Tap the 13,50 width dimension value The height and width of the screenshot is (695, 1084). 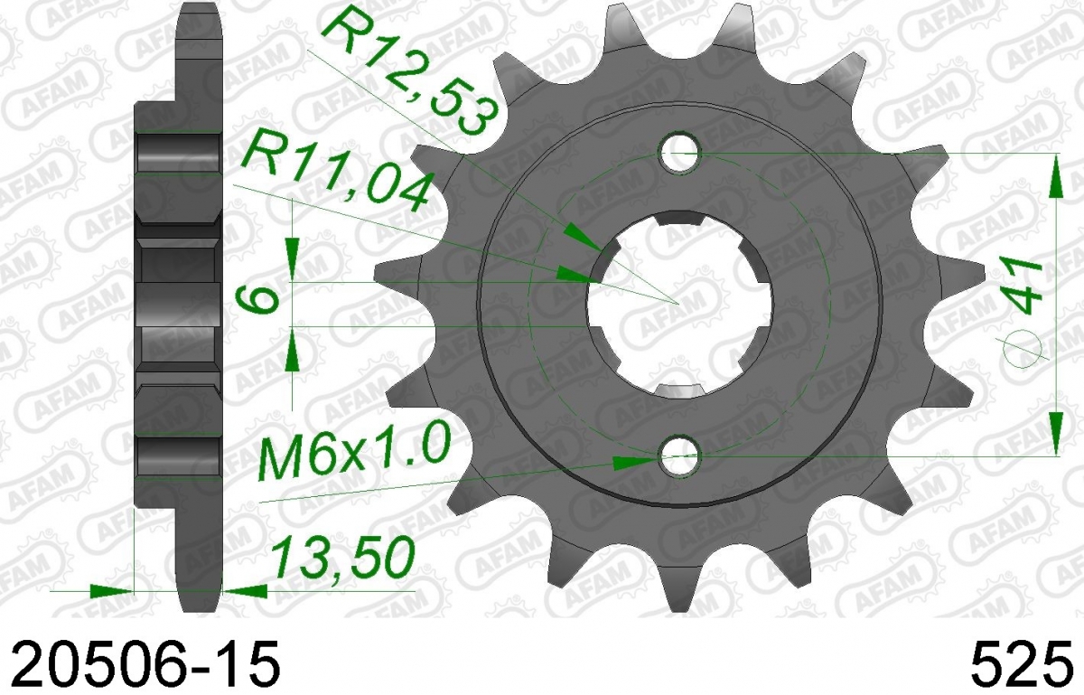(x=343, y=559)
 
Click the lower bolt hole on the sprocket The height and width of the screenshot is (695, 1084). (x=680, y=456)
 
